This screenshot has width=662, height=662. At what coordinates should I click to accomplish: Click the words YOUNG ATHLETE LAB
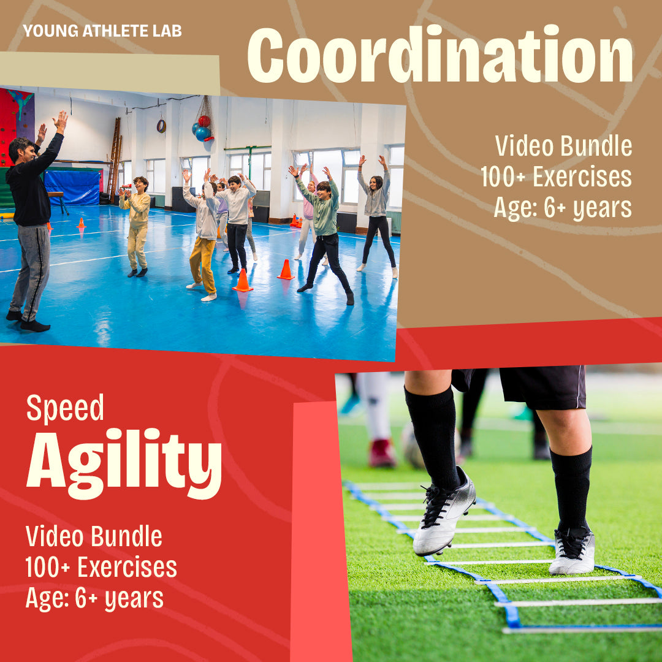coord(102,31)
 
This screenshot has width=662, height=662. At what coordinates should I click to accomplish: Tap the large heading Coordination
coord(439,56)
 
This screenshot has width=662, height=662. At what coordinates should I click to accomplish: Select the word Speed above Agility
coord(65,408)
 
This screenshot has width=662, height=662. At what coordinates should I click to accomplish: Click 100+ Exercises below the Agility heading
coord(101,568)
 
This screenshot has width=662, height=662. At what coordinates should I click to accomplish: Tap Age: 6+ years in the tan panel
coord(563,208)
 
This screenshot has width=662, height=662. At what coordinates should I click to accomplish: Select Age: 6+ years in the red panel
coord(94,598)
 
